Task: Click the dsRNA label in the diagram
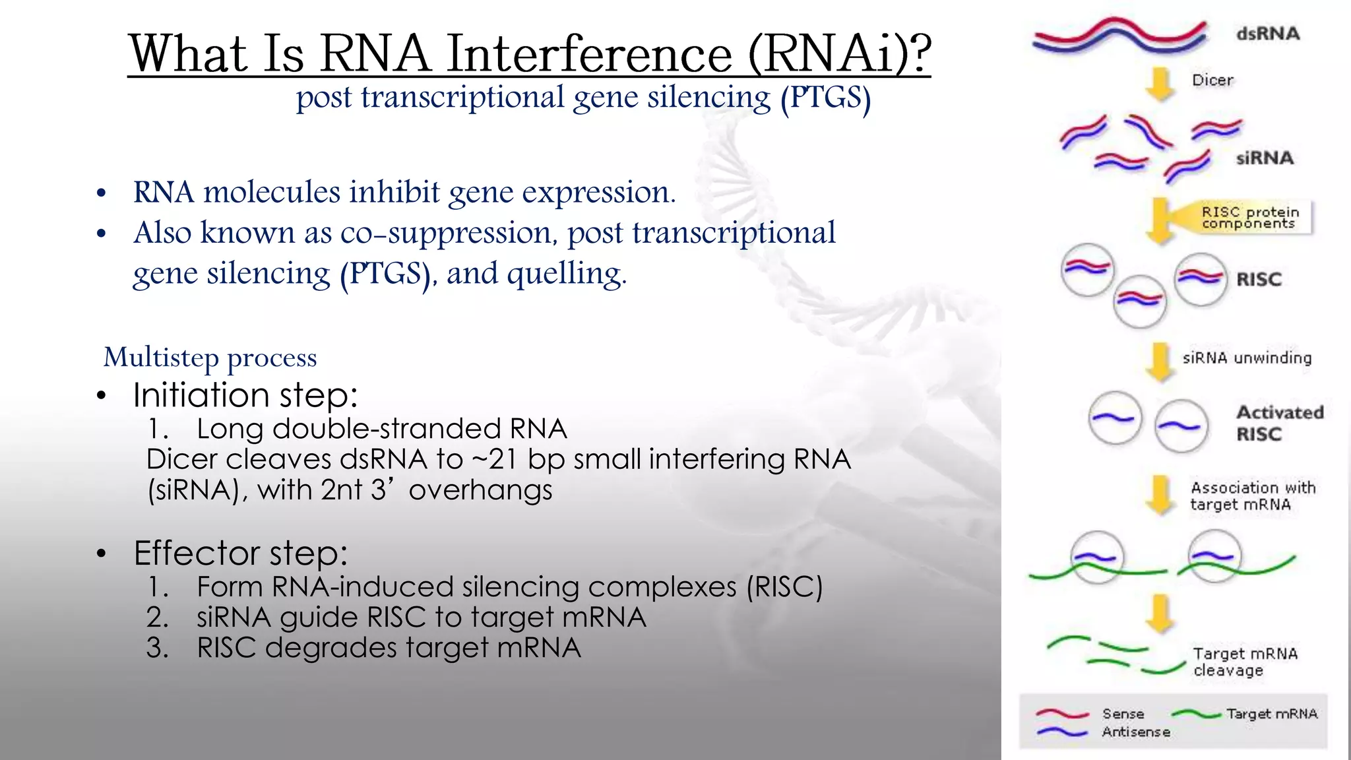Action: pos(1267,34)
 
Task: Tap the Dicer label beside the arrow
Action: pos(1212,80)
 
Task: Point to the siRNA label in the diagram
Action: pos(1264,158)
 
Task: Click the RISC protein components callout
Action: pos(1249,218)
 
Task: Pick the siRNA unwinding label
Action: pos(1246,358)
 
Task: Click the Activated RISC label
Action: pos(1278,423)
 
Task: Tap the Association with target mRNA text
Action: pos(1252,496)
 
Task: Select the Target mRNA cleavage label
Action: pos(1244,662)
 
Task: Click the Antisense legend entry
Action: pos(1135,732)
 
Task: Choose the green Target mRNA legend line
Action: pos(1197,714)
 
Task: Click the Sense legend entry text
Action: pos(1123,714)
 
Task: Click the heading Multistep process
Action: pos(210,358)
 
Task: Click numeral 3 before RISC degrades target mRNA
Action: pos(157,648)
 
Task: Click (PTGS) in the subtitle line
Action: pos(825,98)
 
